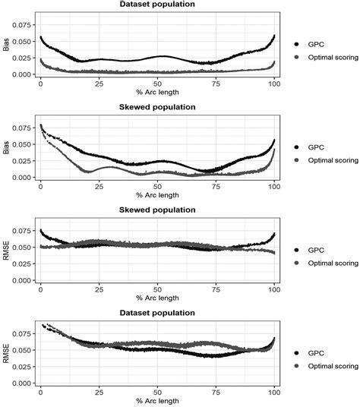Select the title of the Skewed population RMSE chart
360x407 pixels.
[x=156, y=210]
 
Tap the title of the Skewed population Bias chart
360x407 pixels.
[x=156, y=108]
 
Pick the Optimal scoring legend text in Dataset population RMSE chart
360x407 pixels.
[x=333, y=365]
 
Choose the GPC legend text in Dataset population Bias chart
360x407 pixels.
[x=316, y=44]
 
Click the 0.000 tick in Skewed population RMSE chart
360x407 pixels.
[x=23, y=280]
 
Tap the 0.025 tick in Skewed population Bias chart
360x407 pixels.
[x=23, y=161]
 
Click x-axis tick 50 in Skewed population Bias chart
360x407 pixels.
[x=157, y=186]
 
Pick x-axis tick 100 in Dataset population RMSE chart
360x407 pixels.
[x=273, y=392]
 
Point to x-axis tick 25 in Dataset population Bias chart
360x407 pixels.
[x=99, y=84]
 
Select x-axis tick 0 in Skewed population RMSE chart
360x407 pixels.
[x=40, y=289]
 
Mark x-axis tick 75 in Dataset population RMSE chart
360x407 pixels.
[x=216, y=392]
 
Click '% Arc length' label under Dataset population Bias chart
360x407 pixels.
[x=157, y=93]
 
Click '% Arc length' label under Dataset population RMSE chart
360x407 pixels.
[x=157, y=401]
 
